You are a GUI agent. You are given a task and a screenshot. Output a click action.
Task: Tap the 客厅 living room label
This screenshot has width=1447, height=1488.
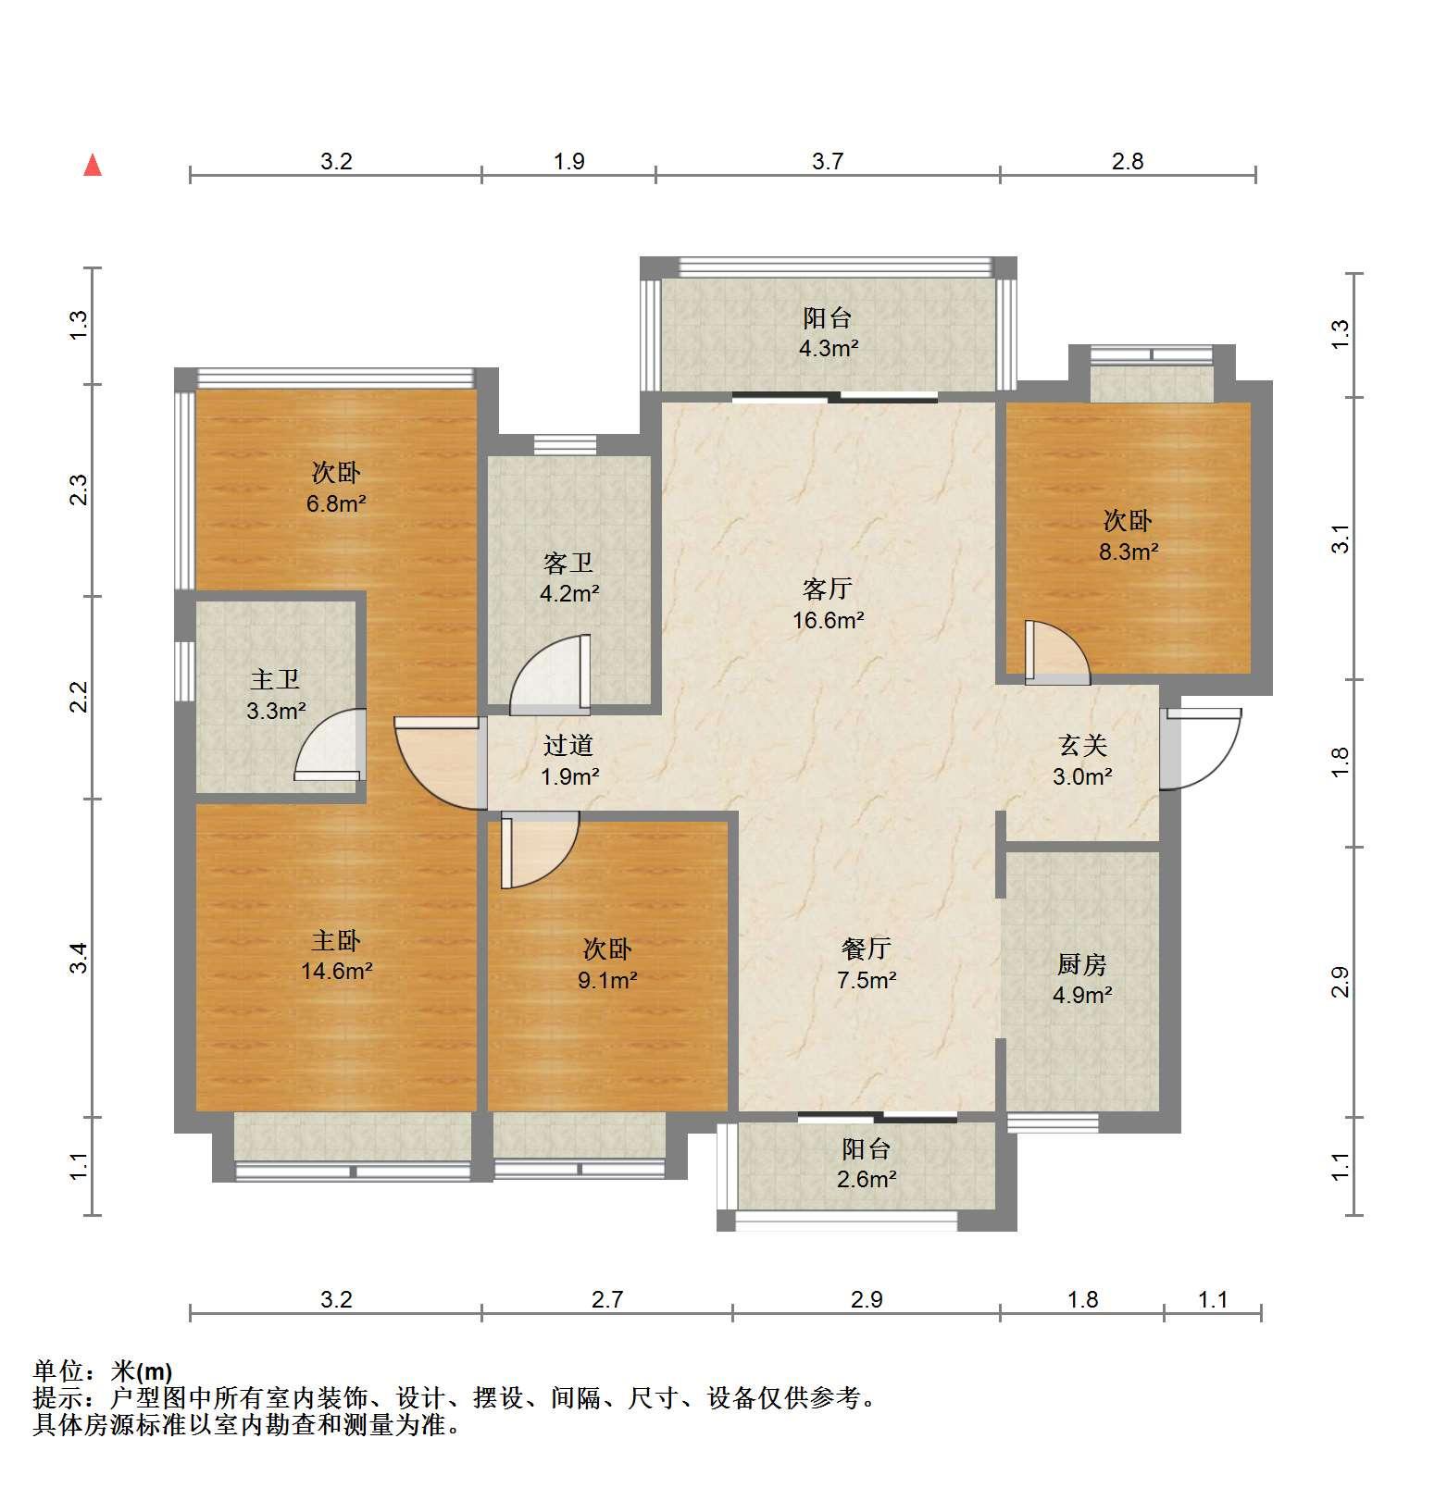827,589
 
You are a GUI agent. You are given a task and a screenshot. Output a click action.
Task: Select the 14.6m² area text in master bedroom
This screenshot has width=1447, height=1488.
336,972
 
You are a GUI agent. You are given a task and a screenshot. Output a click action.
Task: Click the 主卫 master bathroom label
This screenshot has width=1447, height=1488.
275,679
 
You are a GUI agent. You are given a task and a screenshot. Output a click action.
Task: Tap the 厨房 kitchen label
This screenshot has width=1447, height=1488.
1081,964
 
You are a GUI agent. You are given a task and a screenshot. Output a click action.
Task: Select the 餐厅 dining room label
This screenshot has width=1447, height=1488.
866,949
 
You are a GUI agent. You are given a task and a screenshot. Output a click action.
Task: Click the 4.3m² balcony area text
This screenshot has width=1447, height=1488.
829,349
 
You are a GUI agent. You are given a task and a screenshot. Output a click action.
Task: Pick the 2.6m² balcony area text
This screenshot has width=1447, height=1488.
867,1180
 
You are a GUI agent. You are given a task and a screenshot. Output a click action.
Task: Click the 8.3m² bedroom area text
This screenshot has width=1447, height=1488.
1129,552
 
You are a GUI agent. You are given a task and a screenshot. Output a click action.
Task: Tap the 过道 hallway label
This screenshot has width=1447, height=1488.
568,745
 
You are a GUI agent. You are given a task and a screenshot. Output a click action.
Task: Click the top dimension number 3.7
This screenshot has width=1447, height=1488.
828,161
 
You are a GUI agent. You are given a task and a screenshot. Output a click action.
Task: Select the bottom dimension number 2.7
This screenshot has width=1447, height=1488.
607,1299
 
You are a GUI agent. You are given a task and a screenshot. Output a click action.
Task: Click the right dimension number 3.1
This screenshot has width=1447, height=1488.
1340,539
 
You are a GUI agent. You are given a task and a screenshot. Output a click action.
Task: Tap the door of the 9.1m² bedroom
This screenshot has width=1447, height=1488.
540,849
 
